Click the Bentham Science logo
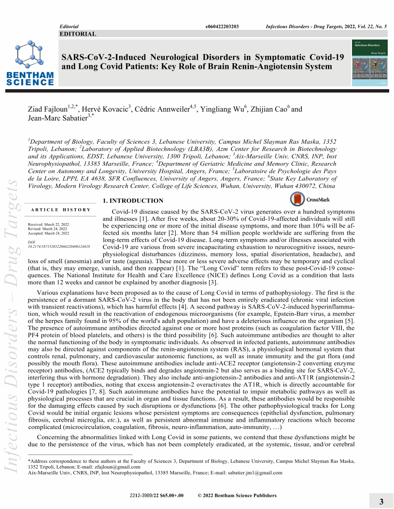click(30, 63)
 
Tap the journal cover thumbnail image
click(370, 64)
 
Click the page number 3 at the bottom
click(381, 502)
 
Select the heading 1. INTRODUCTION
click(133, 201)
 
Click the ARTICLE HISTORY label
click(60, 210)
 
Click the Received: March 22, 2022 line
click(48, 225)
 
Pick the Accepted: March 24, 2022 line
click(48, 233)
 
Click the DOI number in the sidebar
click(59, 246)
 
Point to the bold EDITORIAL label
click(77, 34)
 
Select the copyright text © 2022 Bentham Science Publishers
click(237, 496)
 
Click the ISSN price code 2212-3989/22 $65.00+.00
click(156, 496)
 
